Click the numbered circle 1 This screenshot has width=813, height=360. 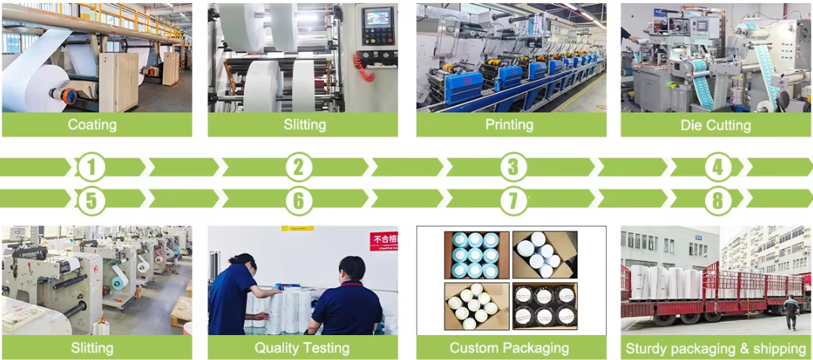92,167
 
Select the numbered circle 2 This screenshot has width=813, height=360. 299,167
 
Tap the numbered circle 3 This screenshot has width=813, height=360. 513,167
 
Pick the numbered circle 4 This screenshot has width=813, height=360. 717,167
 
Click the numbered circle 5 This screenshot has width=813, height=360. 92,199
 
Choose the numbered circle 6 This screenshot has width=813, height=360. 299,199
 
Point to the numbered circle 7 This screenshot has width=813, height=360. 513,199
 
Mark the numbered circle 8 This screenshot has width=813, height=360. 717,199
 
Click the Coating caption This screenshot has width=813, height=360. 92,125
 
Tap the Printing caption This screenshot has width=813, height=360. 510,125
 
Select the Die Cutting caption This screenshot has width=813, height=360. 716,125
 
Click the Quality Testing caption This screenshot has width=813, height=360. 302,348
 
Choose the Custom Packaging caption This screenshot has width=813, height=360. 510,348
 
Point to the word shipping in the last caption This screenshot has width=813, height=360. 777,349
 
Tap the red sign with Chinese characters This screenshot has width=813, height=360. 383,241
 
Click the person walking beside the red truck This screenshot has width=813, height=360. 790,312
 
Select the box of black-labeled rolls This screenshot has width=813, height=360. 544,306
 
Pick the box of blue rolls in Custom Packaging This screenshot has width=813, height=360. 476,254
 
